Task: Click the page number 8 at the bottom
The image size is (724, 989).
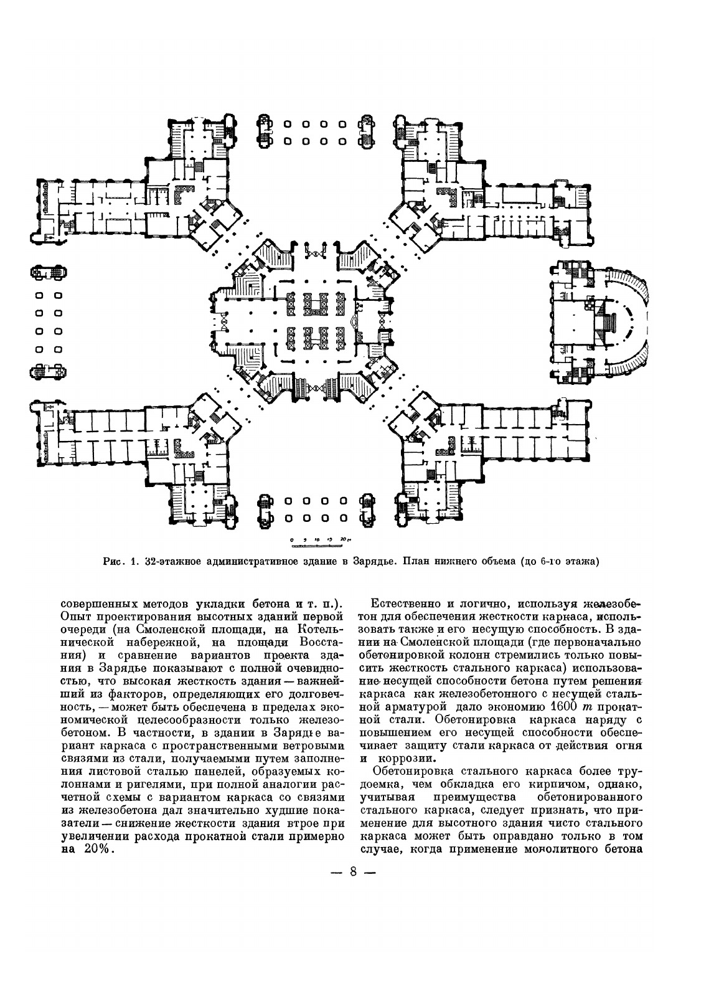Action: click(353, 871)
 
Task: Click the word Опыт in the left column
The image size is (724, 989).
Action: click(75, 617)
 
